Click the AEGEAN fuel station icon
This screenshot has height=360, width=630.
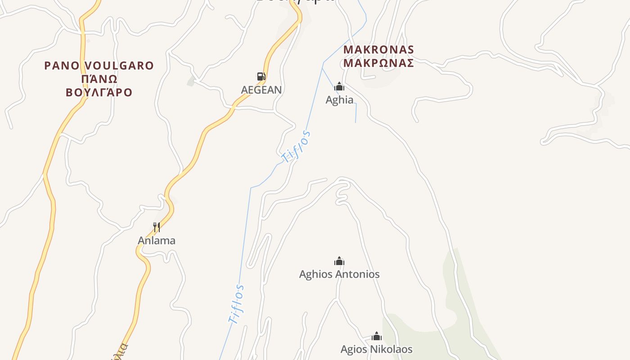click(x=261, y=76)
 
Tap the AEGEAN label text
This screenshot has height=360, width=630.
click(x=261, y=90)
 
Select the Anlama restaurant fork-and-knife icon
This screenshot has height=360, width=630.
click(x=157, y=227)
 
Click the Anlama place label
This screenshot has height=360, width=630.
click(x=157, y=240)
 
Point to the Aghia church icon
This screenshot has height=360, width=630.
click(x=339, y=86)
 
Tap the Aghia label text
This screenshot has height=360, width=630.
click(x=339, y=99)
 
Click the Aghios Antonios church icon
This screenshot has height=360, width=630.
click(x=339, y=261)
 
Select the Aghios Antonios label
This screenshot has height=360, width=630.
click(x=339, y=274)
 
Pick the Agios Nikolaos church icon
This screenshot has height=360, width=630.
click(x=377, y=336)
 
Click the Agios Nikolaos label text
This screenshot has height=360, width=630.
click(x=376, y=349)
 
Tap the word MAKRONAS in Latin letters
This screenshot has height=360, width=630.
click(x=378, y=49)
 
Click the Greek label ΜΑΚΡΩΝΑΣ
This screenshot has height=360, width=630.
click(x=378, y=63)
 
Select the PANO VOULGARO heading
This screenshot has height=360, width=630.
click(x=99, y=66)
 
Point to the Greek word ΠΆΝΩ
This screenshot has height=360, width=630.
click(x=99, y=79)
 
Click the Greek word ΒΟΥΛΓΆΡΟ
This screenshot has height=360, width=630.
click(x=99, y=93)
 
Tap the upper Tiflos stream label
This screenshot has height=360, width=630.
click(x=296, y=147)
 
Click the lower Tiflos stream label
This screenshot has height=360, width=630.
click(x=236, y=304)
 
